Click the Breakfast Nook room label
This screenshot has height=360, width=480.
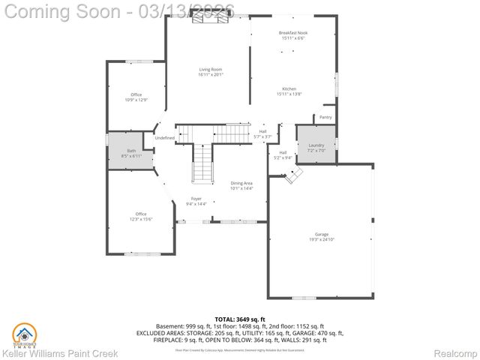tap(293, 35)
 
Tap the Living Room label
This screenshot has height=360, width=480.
tap(211, 71)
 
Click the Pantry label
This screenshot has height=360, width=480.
tap(325, 117)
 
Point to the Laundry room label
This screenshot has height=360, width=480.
tap(316, 147)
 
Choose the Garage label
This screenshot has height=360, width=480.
tap(322, 236)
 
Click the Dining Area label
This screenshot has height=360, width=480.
tap(241, 185)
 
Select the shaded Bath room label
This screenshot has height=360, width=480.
tap(130, 153)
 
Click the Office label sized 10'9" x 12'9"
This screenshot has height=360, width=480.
tap(135, 97)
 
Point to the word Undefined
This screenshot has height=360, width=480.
tap(165, 138)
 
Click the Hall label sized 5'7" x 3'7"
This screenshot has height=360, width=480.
tap(262, 134)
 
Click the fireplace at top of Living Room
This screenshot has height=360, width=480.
tap(207, 20)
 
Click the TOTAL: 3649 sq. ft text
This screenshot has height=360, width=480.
tap(239, 319)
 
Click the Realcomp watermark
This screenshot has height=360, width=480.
tap(455, 352)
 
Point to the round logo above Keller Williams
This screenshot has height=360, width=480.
tap(24, 332)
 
